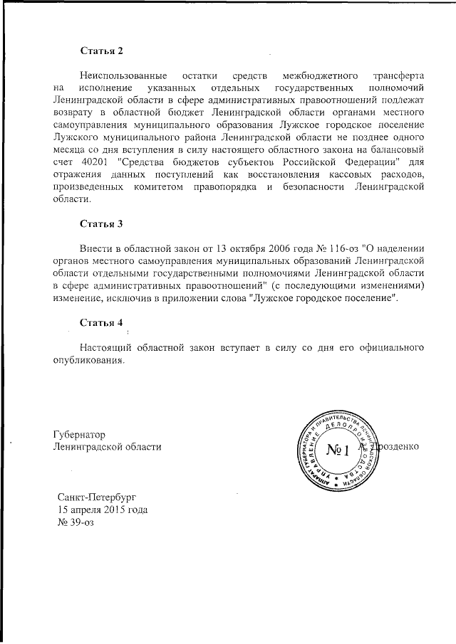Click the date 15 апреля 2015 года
(x=103, y=510)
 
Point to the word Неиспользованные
(x=124, y=75)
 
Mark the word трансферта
(x=400, y=75)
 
